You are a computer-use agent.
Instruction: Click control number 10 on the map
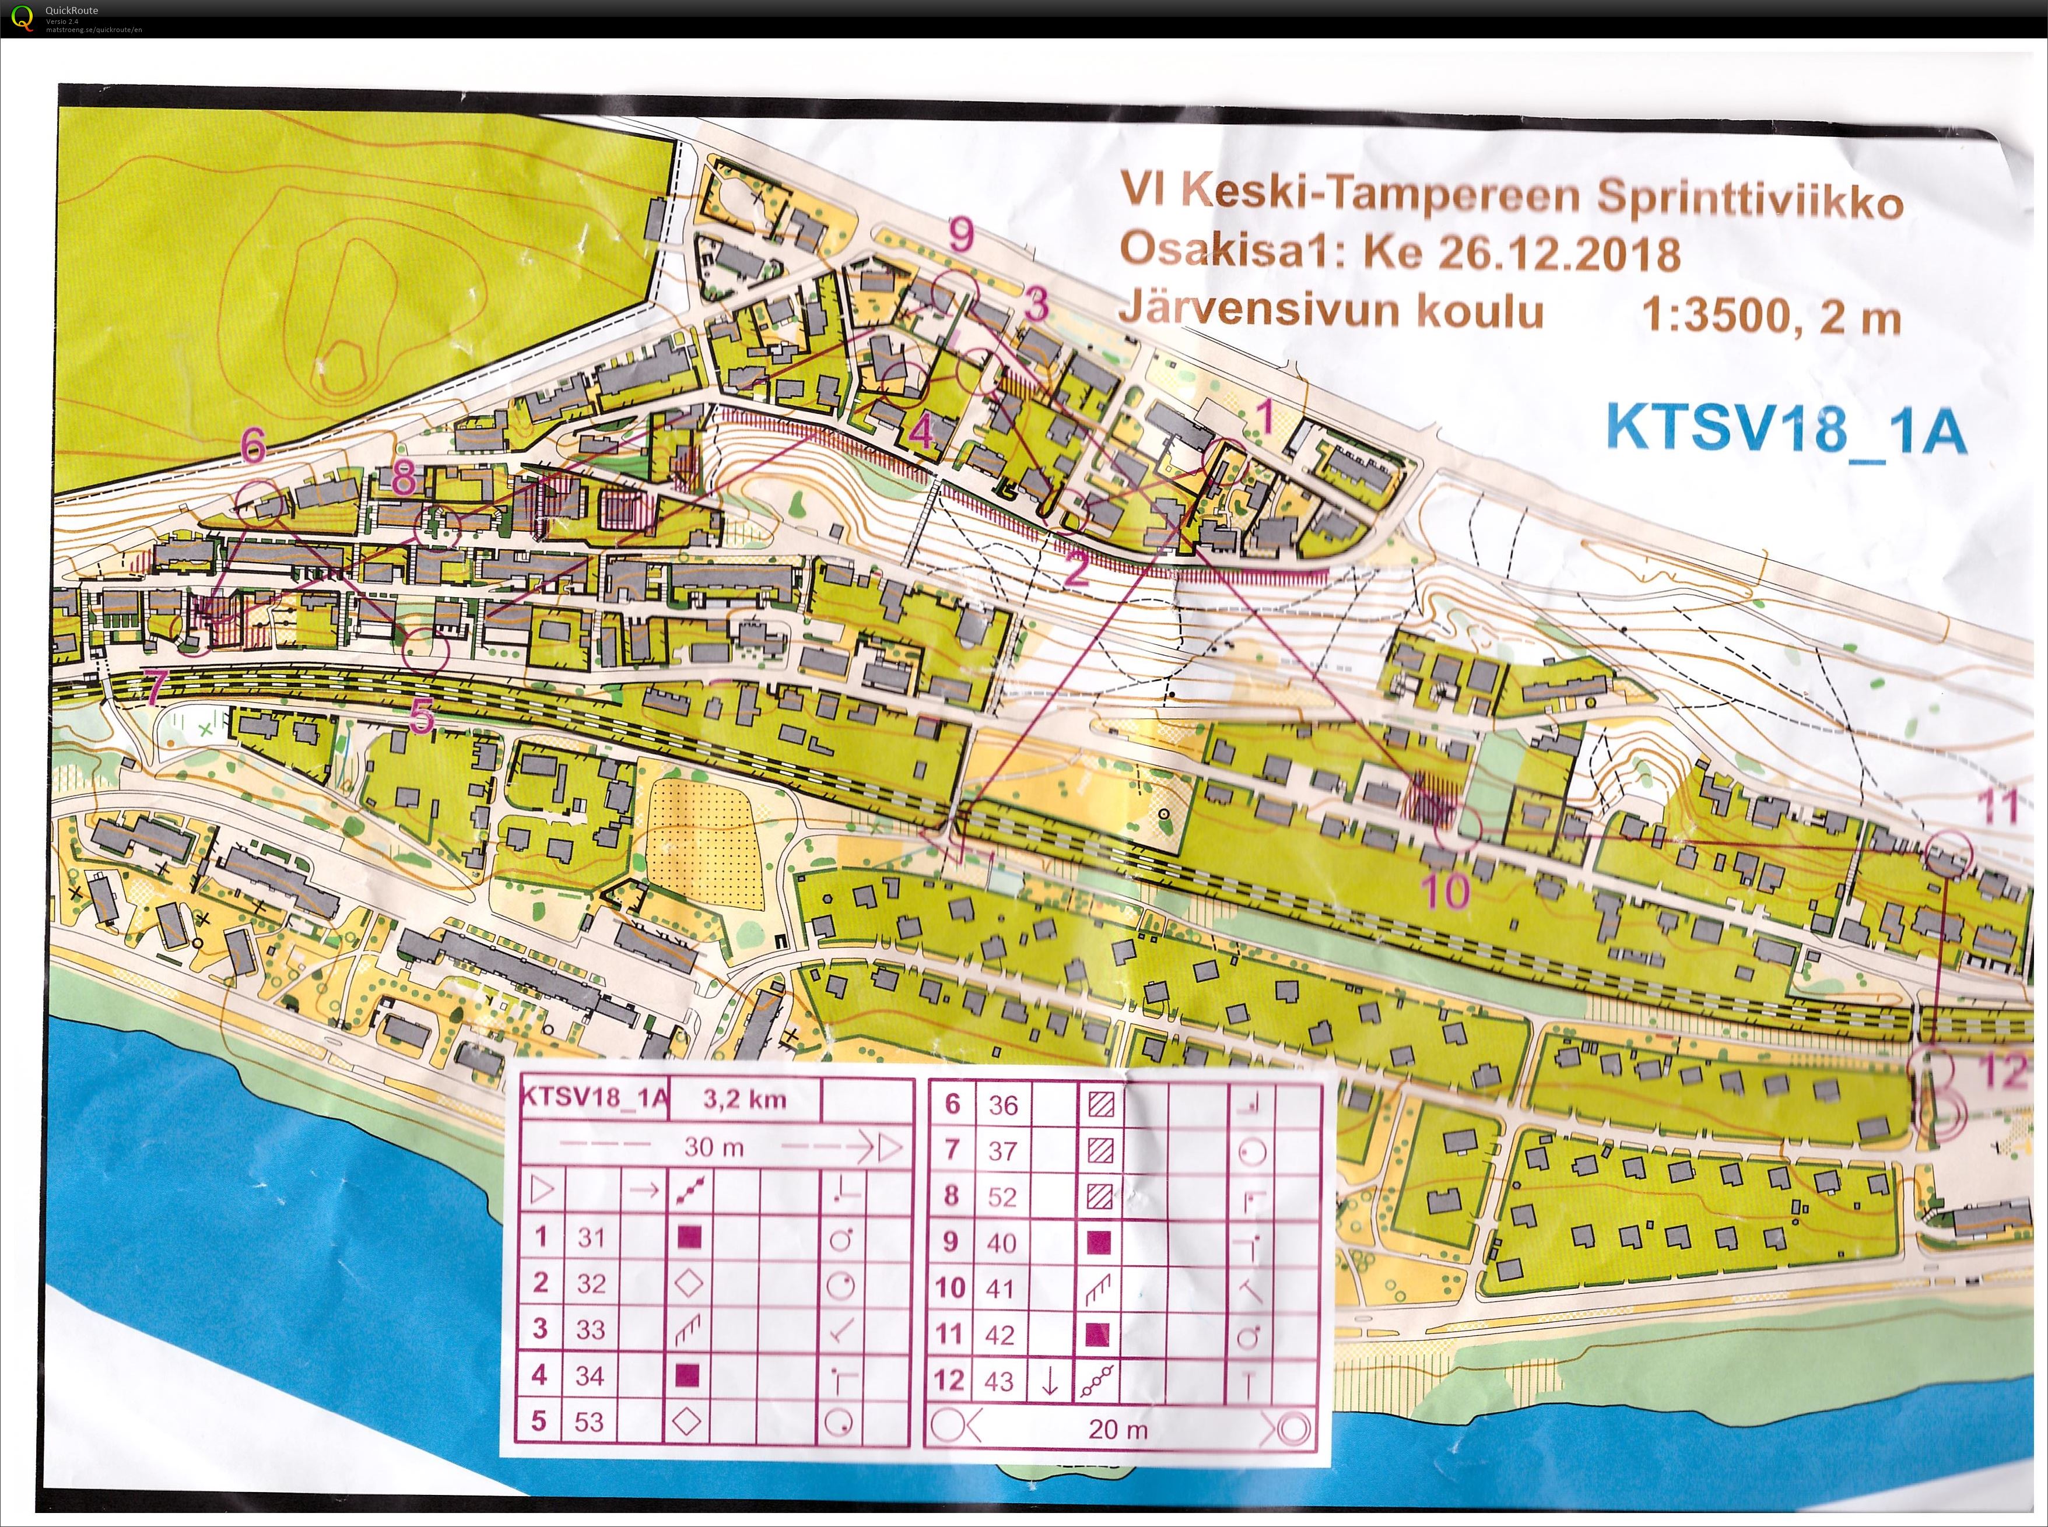click(x=1445, y=891)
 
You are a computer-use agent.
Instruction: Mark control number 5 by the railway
click(x=422, y=714)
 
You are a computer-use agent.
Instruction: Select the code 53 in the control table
click(x=589, y=1421)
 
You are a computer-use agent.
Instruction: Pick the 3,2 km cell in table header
click(x=744, y=1099)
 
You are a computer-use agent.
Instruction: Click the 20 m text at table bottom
click(x=1118, y=1429)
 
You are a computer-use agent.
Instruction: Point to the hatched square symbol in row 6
click(x=1100, y=1104)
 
